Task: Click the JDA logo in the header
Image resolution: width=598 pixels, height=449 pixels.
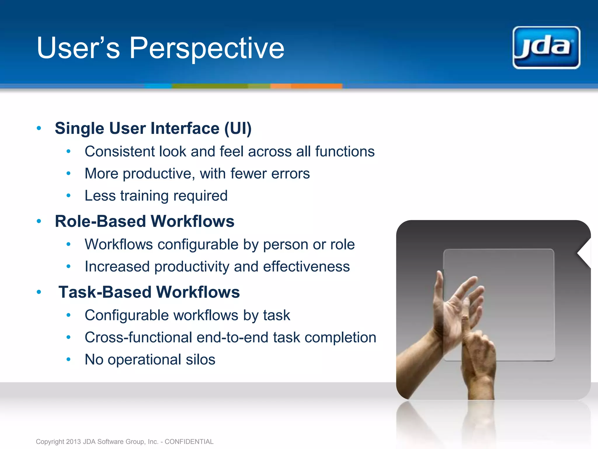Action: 546,48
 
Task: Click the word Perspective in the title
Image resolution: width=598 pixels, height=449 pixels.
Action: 207,48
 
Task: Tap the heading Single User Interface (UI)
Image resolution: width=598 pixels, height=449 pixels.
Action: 153,128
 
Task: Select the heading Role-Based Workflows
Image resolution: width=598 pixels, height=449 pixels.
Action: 145,221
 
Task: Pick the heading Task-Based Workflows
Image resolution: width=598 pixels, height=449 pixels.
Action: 149,292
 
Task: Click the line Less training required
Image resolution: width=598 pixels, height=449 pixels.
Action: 156,196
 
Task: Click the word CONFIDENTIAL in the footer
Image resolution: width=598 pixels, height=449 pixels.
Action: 189,441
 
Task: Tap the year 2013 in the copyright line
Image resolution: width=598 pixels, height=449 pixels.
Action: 73,441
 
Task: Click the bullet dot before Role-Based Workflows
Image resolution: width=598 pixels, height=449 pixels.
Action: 39,221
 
